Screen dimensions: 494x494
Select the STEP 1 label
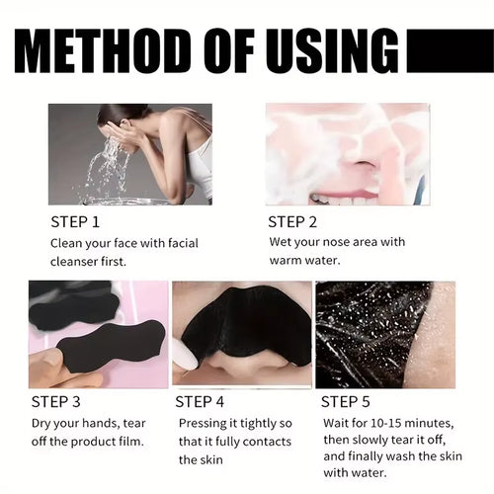coord(74,221)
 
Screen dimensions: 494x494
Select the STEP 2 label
coord(293,221)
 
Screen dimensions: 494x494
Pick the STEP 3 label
coord(55,401)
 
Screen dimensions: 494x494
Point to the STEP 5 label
coord(346,401)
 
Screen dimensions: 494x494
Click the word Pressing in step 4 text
coord(202,424)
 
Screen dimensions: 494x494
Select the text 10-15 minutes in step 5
coord(399,424)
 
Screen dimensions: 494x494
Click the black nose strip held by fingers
coord(109,346)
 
